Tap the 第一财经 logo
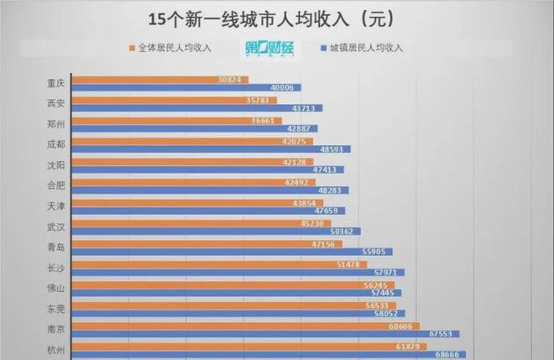pos(269,48)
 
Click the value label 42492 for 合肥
pos(300,181)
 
